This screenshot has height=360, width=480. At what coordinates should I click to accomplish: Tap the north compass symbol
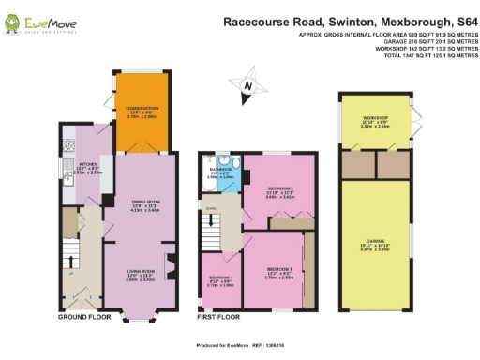(247, 89)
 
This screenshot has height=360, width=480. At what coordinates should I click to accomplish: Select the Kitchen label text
(87, 170)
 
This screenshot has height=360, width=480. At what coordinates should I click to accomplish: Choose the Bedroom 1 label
(278, 273)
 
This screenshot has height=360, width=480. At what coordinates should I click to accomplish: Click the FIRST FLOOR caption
(221, 318)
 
